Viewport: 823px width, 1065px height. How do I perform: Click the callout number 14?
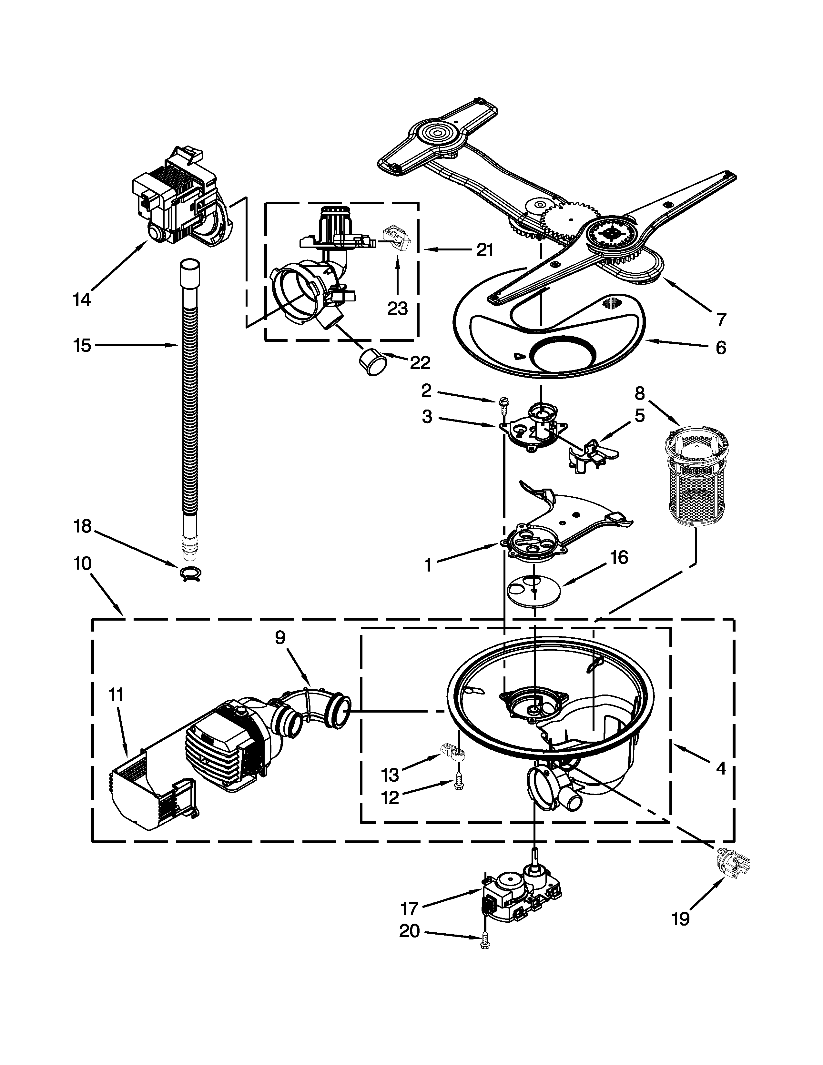click(x=82, y=299)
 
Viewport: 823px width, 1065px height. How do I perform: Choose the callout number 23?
click(x=397, y=308)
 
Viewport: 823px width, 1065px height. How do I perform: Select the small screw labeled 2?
click(x=502, y=403)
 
